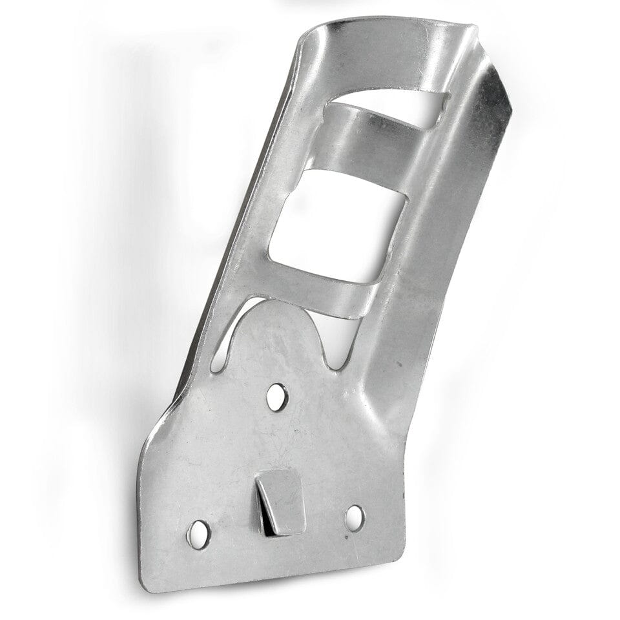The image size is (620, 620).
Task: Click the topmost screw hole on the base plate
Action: [276, 395]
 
